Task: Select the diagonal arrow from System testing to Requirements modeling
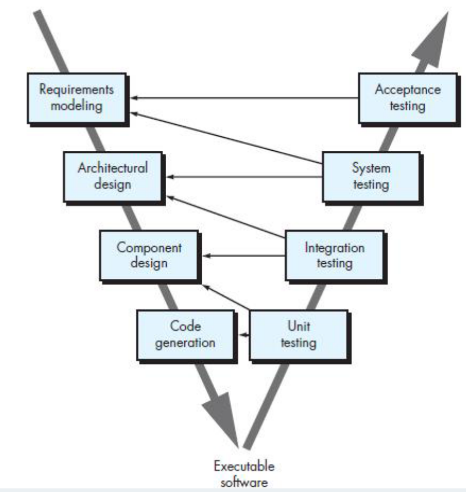[227, 138]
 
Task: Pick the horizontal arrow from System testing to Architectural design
[245, 177]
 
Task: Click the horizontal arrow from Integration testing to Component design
[245, 256]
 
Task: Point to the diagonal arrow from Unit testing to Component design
[227, 297]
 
